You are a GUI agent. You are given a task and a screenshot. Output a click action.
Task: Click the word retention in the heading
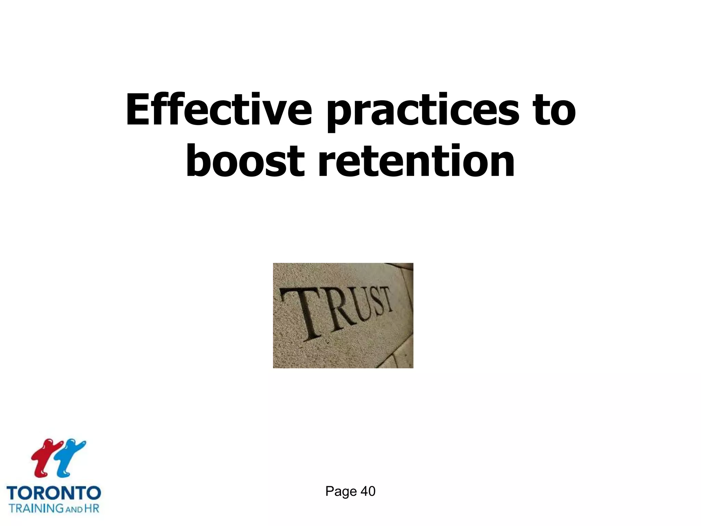(x=416, y=161)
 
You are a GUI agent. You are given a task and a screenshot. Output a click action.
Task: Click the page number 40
(x=368, y=491)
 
